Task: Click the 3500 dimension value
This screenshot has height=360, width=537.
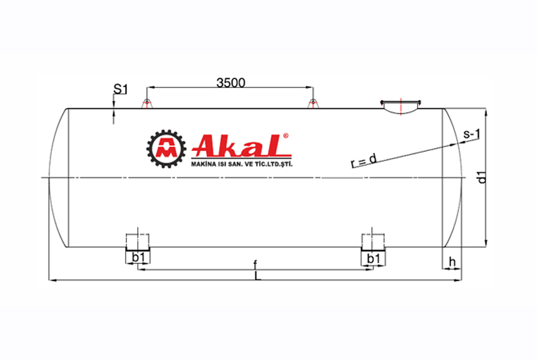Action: point(230,83)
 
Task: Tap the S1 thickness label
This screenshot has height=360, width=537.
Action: point(120,89)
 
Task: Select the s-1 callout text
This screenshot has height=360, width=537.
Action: point(472,134)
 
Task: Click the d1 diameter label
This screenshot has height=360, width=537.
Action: point(482,177)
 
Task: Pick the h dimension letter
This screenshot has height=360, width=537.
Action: point(451,261)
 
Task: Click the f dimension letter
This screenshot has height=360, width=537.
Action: point(255,264)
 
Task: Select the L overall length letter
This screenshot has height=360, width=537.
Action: point(255,276)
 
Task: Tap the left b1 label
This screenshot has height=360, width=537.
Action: point(139,258)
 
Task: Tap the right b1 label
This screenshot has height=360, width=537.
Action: point(373,258)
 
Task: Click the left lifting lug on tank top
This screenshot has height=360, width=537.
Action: point(146,104)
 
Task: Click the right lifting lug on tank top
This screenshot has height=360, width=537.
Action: point(311,104)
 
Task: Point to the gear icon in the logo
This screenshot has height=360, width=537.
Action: point(166,149)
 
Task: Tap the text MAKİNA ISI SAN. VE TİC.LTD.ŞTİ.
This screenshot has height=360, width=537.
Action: point(243,164)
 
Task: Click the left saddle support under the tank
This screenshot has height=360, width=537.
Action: point(139,244)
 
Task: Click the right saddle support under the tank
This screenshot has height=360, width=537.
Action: point(373,244)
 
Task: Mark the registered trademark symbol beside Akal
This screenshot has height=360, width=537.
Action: point(286,135)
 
